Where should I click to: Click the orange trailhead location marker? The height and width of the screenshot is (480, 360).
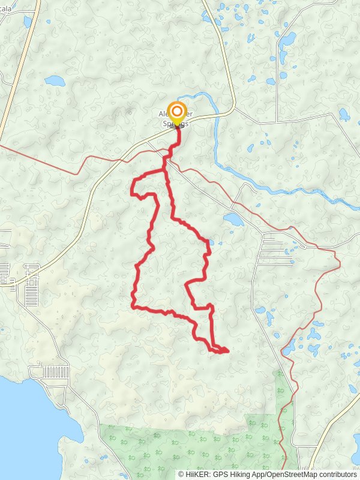point(176,112)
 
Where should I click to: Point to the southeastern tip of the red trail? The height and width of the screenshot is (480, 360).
point(228,350)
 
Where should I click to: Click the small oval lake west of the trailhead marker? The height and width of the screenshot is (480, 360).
point(54,80)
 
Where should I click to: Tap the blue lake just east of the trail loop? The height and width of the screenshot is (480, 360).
point(233,219)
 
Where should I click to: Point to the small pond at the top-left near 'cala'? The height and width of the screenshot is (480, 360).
point(28,22)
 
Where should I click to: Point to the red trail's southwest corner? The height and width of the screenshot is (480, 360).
point(133,307)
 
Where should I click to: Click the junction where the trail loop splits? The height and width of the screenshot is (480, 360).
point(166,170)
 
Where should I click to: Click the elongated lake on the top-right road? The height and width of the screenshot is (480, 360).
point(288,40)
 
